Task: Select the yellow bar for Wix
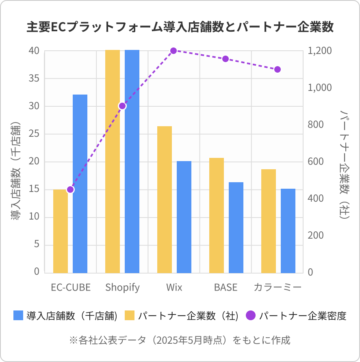tap(165, 199)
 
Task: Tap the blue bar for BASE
tap(236, 227)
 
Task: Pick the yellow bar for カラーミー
tap(269, 221)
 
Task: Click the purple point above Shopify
tap(122, 106)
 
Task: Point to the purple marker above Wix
tap(173, 51)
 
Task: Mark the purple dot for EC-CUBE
tap(70, 190)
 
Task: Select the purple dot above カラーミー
tap(278, 69)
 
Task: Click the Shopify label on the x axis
tap(122, 288)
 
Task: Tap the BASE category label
tap(226, 288)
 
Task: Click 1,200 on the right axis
tap(320, 51)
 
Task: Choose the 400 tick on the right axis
tap(316, 199)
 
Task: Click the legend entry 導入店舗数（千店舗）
tap(65, 316)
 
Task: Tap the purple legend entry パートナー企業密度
tap(297, 316)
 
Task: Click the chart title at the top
tap(180, 27)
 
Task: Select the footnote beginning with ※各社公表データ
tap(180, 340)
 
